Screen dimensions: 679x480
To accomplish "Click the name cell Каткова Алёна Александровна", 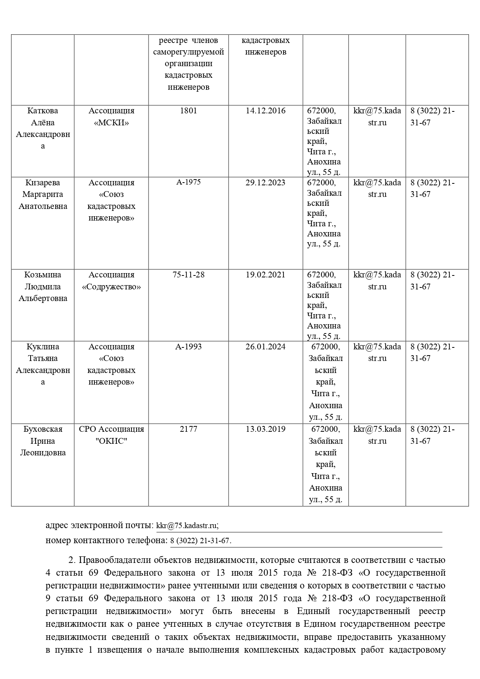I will (43, 128).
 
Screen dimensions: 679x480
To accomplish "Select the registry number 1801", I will (188, 111).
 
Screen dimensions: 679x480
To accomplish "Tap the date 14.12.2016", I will (265, 111).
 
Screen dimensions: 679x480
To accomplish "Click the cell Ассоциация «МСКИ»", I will (111, 116).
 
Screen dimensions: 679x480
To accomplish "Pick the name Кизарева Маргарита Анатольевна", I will (43, 194).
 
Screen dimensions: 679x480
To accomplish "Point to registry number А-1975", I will (188, 182).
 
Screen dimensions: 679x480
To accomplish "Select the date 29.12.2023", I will (265, 183).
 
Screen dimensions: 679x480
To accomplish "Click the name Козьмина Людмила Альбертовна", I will (43, 286).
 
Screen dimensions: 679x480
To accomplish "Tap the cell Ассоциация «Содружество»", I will (111, 280).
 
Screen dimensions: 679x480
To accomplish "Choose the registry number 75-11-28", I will (188, 275).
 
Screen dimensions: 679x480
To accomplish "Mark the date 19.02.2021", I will (265, 275).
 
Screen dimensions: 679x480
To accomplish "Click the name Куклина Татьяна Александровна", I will (43, 364).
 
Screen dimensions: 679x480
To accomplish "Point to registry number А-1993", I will (188, 347).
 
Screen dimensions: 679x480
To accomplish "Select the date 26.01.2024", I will (265, 347).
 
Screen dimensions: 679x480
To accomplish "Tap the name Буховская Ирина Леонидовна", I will (43, 441).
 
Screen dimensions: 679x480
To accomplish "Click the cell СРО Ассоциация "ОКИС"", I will (111, 435).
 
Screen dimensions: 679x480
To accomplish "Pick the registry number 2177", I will (188, 429).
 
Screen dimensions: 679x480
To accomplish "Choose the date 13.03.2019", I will (265, 429).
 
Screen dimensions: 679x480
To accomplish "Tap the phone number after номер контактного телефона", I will (201, 541).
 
